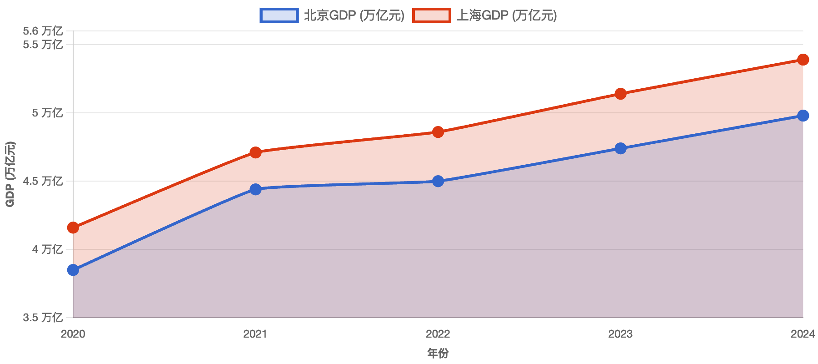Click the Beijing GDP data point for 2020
coord(73,270)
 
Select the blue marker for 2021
coord(255,189)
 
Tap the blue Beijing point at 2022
coord(438,182)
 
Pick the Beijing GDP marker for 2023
coord(620,148)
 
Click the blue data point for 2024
coord(803,116)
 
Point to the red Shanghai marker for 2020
coord(73,227)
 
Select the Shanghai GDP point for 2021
coord(255,152)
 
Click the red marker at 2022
coord(438,132)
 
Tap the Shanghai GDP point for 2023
coord(620,94)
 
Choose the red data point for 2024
coord(803,60)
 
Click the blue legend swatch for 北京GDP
coord(279,15)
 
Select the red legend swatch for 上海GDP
coord(431,15)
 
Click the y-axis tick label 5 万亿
coord(47,113)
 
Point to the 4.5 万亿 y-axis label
coord(43,181)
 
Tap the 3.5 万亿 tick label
coord(43,318)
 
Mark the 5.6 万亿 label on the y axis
coord(43,31)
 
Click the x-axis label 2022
coord(438,334)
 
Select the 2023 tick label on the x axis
coord(620,334)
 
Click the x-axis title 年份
coord(438,354)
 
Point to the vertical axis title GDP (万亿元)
coord(10,174)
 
